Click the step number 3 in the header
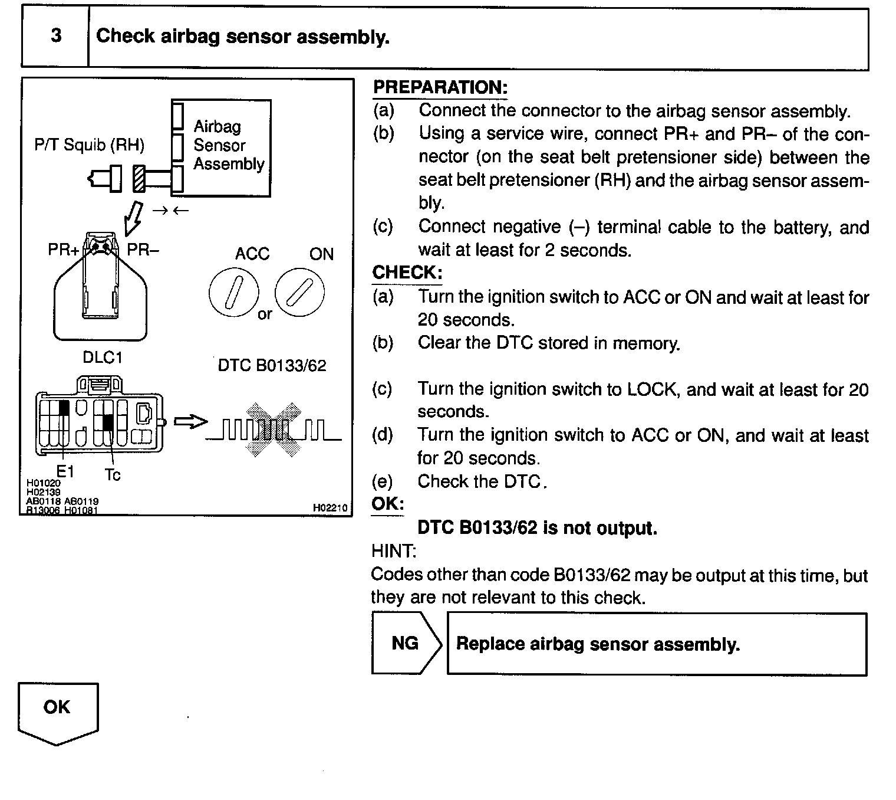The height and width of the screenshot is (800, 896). coord(56,36)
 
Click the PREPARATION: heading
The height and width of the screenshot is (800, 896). coord(440,87)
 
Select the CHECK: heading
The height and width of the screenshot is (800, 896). coord(407,273)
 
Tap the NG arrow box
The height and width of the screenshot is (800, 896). coord(406,643)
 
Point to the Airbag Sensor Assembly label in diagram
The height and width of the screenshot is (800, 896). coord(228,145)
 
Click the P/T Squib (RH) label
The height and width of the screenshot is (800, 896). coord(89,145)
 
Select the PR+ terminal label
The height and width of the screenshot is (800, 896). coord(63,250)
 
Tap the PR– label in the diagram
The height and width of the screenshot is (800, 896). coord(143,250)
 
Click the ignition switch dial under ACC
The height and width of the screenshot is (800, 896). coord(233,293)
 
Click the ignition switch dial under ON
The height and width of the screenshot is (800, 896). coord(299,293)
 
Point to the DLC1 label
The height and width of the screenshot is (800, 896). coord(102,358)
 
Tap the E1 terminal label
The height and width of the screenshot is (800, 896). coord(65,471)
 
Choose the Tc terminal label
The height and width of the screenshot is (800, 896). coord(112,474)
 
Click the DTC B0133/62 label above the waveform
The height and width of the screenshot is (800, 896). coord(272,366)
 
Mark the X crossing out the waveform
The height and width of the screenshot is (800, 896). coord(273,429)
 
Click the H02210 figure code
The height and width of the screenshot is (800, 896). coord(330,507)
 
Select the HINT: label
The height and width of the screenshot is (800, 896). coord(393,552)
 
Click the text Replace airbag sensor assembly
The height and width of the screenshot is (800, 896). coord(598,644)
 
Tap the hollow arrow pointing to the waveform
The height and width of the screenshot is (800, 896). coord(191,422)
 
